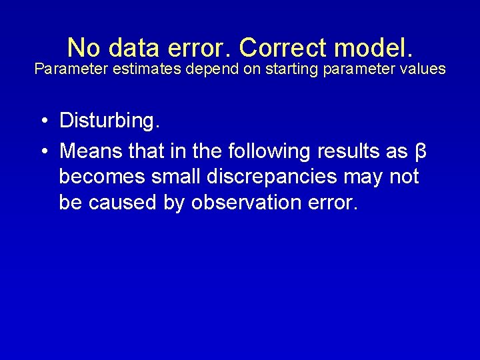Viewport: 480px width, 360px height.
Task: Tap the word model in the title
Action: (x=375, y=48)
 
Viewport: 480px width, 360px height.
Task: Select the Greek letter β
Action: (x=420, y=152)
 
